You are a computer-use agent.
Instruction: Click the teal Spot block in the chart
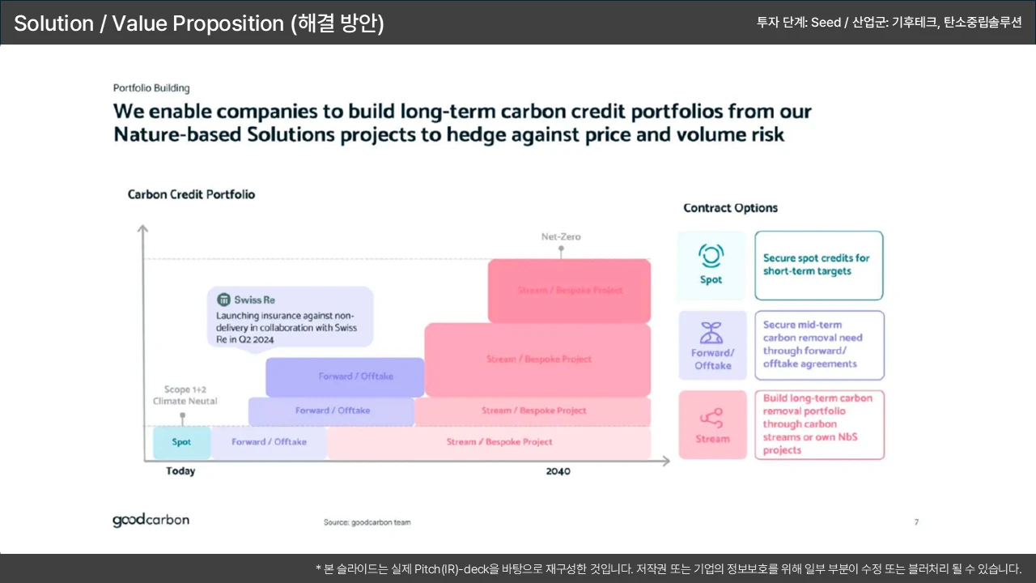182,442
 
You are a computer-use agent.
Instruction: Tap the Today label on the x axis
180,471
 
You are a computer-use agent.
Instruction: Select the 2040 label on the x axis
558,471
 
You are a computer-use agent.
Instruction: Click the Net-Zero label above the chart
561,237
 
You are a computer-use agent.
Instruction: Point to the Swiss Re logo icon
224,300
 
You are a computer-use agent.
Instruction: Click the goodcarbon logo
151,520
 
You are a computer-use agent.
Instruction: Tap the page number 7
916,522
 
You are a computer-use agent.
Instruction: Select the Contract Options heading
730,208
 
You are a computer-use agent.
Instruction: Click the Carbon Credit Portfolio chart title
191,194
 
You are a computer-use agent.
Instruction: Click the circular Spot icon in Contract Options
711,255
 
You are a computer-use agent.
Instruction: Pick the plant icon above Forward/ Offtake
711,333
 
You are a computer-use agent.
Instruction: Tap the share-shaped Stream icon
711,418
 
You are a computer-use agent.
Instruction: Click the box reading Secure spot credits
818,266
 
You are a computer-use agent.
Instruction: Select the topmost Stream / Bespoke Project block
569,291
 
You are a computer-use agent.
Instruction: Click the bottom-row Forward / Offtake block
269,442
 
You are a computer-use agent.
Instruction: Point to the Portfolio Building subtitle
151,88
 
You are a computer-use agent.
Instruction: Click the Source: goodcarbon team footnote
367,522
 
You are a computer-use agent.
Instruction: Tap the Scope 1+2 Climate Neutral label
185,395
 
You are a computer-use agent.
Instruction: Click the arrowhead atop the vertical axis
143,228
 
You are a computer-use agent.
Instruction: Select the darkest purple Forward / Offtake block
345,377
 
